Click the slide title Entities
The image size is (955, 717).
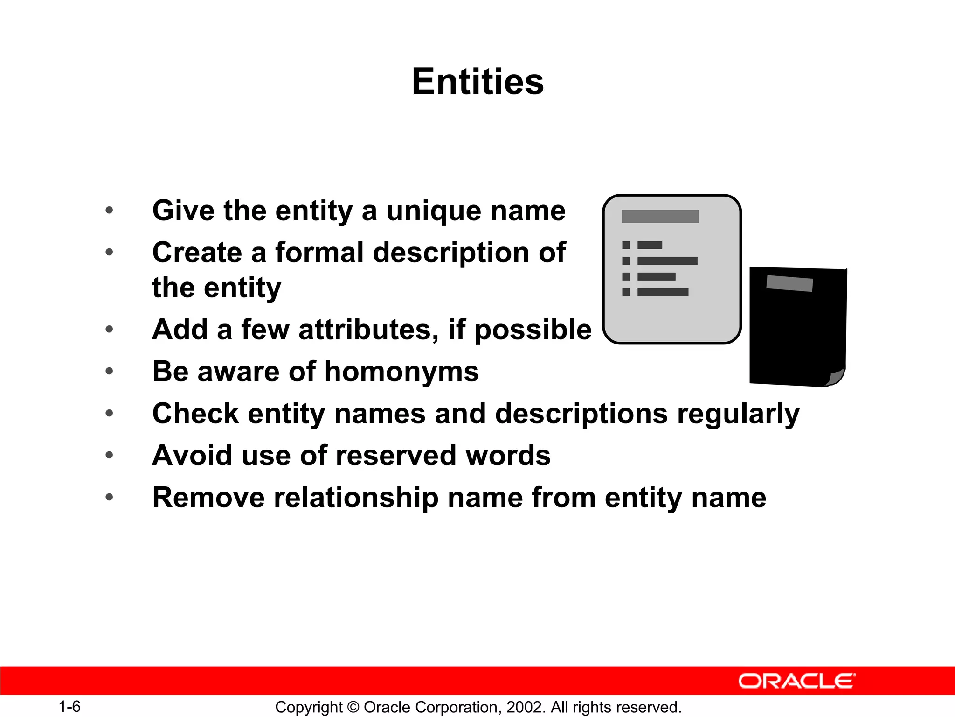[477, 82]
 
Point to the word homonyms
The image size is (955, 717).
[401, 372]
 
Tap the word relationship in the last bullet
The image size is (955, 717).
[356, 498]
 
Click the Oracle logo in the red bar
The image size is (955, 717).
[796, 681]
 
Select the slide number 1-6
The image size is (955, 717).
[69, 707]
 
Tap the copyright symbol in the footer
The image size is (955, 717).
[353, 707]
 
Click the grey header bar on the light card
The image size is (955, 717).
[660, 216]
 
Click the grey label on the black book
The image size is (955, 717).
[789, 283]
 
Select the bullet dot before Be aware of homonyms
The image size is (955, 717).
[109, 372]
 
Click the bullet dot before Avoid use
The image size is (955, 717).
[109, 455]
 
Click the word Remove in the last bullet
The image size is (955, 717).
[208, 498]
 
